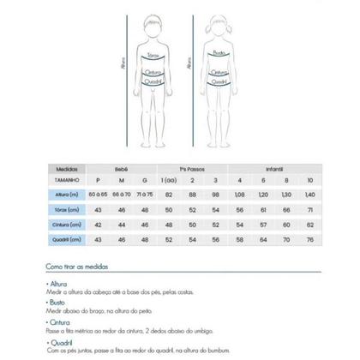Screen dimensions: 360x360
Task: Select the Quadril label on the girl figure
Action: tap(219, 81)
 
